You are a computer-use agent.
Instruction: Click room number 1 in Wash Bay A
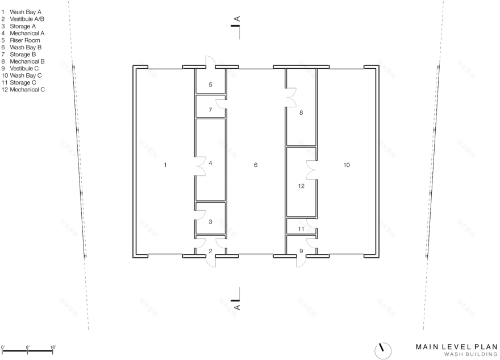165,165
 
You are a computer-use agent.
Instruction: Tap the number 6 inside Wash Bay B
256,165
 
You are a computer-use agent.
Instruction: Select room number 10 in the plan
347,165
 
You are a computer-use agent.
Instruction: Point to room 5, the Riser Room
210,85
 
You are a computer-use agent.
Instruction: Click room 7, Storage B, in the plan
210,110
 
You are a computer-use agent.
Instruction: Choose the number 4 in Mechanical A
210,163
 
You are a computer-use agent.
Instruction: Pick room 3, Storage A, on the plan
210,221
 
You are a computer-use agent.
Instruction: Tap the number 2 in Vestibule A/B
210,250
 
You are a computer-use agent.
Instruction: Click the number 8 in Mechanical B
301,112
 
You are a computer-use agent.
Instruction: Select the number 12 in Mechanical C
301,186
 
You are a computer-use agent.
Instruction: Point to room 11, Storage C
301,229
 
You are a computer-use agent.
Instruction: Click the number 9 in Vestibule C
301,250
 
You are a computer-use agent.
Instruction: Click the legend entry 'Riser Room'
23,40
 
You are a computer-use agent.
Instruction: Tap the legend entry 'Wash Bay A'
25,12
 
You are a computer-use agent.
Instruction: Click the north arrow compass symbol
383,348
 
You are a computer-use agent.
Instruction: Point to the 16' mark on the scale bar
53,346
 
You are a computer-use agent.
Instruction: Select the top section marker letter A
237,19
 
